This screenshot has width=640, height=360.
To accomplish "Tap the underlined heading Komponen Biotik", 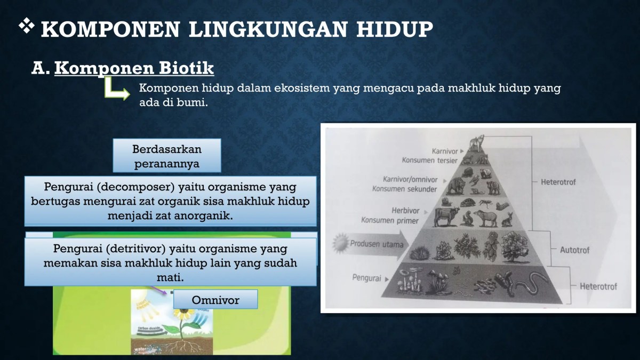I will point(134,68).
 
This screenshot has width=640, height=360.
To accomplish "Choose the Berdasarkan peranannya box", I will point(167,156).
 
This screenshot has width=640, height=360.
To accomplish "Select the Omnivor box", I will point(215,300).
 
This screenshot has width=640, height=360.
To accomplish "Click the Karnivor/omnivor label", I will point(410,179).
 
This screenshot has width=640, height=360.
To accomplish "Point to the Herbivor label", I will point(407,211).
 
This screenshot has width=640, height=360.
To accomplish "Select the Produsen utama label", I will point(376,244).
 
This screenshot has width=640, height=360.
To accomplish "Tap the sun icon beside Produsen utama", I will point(340,244).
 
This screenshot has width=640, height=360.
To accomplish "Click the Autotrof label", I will point(574,249).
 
